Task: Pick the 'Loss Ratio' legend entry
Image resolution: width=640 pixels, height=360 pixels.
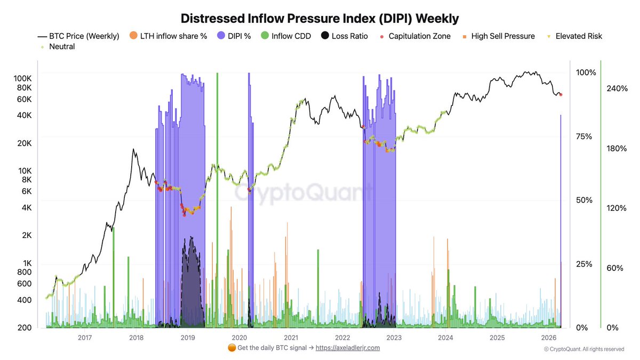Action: (343, 36)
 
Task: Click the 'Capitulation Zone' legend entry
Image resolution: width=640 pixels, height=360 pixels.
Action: (414, 36)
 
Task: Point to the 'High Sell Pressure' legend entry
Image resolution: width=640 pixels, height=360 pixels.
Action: (498, 36)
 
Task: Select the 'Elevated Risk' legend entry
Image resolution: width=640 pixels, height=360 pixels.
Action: (574, 36)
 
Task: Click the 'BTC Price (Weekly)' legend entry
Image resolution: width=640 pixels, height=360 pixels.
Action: (78, 36)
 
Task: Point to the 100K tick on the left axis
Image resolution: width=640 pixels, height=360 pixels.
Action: (22, 78)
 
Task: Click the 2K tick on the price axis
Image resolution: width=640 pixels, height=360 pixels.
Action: (26, 235)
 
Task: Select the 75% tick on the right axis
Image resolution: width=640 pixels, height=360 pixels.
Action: (585, 137)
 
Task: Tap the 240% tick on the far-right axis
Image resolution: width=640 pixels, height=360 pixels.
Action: (616, 89)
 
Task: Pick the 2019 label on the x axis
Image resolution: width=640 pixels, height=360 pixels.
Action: (188, 338)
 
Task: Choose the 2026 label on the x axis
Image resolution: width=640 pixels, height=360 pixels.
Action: (549, 338)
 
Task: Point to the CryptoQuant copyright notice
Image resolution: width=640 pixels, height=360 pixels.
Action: (583, 349)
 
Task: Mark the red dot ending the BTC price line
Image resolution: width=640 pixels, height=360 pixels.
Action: (561, 94)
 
